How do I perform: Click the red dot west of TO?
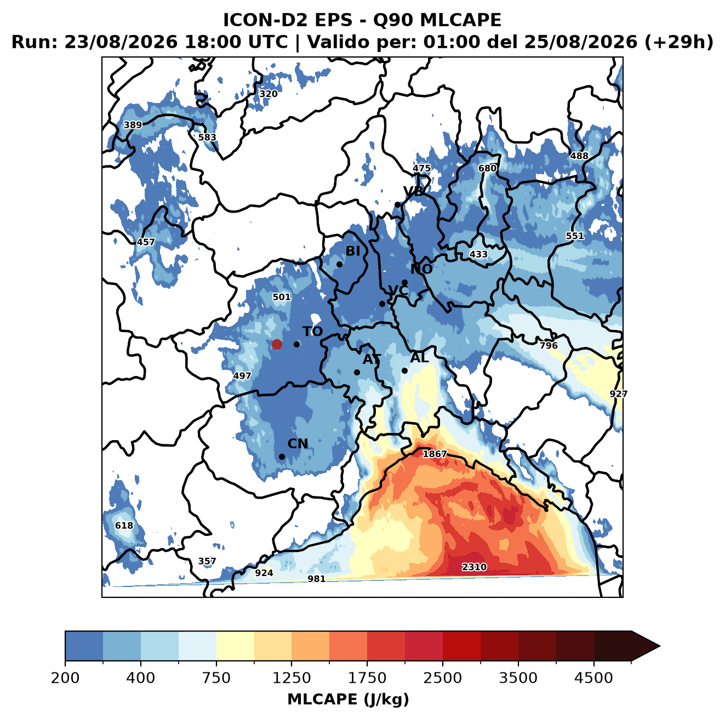pyautogui.click(x=277, y=344)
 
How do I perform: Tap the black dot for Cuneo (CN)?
pyautogui.click(x=282, y=456)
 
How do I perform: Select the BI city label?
pyautogui.click(x=352, y=251)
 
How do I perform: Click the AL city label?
pyautogui.click(x=420, y=357)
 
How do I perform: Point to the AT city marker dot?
pyautogui.click(x=357, y=372)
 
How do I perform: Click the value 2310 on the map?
pyautogui.click(x=474, y=567)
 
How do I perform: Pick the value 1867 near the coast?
pyautogui.click(x=435, y=454)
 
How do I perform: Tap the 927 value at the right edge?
pyautogui.click(x=618, y=394)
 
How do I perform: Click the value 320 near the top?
pyautogui.click(x=269, y=94)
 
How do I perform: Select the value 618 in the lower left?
pyautogui.click(x=124, y=525)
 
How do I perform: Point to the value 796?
pyautogui.click(x=549, y=345)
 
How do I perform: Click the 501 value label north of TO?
pyautogui.click(x=282, y=297)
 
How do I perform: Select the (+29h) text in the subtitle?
pyautogui.click(x=679, y=42)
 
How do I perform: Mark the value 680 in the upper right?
pyautogui.click(x=487, y=168)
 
